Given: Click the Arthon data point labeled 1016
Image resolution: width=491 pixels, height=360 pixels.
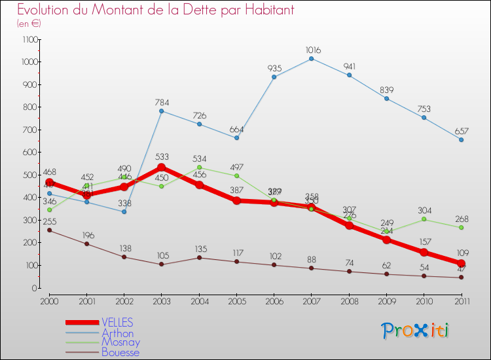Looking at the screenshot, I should pos(311,58).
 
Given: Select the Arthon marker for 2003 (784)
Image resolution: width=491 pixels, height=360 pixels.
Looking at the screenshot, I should pos(162,111).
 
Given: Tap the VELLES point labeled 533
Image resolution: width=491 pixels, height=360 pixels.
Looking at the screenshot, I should pos(162,168).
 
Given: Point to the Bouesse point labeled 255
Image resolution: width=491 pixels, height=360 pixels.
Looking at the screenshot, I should pos(49,230).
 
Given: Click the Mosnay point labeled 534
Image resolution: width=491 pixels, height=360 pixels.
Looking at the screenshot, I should pos(199,168).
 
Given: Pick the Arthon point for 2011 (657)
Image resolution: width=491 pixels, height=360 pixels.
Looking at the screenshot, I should pos(461,139).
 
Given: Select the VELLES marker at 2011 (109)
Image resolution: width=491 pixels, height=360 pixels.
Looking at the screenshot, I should pos(461,263).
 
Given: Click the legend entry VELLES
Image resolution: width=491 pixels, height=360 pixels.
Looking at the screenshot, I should pos(117,322).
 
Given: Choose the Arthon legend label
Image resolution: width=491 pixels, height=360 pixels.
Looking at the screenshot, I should pos(117,333).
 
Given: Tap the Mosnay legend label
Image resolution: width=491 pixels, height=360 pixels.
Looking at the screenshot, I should pos(120,342).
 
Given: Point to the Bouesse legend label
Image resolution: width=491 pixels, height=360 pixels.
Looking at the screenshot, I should pos(120,352).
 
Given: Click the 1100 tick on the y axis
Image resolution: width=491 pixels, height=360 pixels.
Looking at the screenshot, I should pos(29,39).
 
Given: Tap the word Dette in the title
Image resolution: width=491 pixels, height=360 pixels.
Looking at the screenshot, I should pos(173,10).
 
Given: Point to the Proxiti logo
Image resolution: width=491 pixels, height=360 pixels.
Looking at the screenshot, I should pos(415,331).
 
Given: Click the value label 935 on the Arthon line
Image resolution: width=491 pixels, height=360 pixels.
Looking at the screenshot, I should pos(274,68).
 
